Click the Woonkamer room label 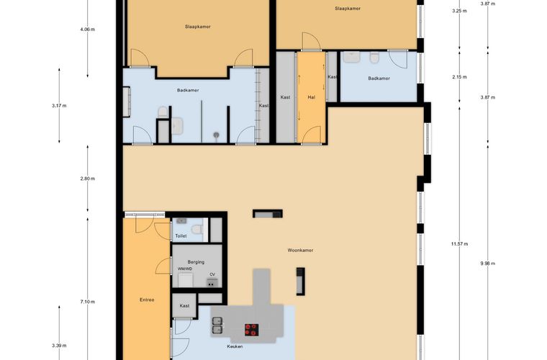[300, 250]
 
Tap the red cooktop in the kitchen [251, 330]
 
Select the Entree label [147, 300]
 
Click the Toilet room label [181, 236]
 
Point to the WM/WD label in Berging [185, 269]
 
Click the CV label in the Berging [212, 274]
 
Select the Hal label [312, 97]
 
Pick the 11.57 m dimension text [459, 244]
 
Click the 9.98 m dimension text [488, 264]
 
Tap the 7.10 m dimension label [87, 302]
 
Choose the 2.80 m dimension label [87, 179]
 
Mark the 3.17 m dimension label [59, 105]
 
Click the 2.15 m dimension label [459, 77]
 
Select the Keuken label [235, 346]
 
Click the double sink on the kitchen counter [217, 325]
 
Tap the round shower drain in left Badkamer [217, 135]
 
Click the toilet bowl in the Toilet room [197, 229]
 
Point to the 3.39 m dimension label [59, 346]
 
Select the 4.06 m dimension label [87, 30]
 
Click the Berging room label [196, 261]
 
